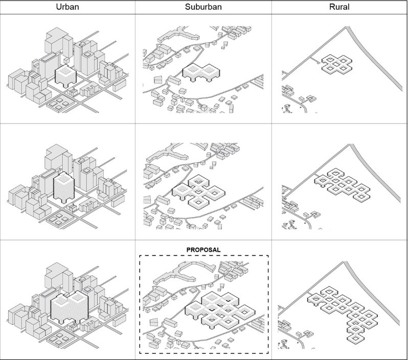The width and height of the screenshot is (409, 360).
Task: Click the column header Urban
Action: click(67, 7)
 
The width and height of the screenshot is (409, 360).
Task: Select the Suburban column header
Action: click(203, 7)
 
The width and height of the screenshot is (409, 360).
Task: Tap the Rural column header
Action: click(339, 7)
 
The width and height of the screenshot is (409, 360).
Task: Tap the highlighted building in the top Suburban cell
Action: click(201, 73)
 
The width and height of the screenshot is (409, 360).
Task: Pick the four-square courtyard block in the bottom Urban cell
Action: click(58, 339)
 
